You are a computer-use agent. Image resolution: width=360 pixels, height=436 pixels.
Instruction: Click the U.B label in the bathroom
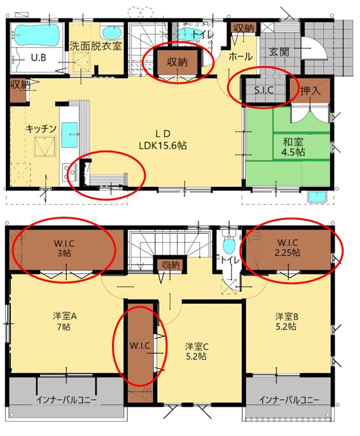(x=38, y=58)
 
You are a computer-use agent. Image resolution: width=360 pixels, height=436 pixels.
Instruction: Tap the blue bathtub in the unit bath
(x=37, y=35)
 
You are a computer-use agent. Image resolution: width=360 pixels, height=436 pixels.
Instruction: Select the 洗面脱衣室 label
(x=95, y=46)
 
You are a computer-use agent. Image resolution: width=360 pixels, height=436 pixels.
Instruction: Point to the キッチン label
(x=41, y=129)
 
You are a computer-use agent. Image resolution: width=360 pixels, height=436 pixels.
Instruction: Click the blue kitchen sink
(x=69, y=135)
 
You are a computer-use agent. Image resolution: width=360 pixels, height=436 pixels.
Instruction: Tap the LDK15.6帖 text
(x=163, y=146)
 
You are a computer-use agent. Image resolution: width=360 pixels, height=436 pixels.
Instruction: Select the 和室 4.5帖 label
(x=293, y=147)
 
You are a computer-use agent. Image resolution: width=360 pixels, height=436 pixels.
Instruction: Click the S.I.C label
(x=264, y=90)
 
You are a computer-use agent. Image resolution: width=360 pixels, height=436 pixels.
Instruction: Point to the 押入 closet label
(x=310, y=90)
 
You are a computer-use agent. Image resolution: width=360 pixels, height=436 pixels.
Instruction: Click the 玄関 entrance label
(x=279, y=51)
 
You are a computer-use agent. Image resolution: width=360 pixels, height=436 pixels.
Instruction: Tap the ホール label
(x=240, y=57)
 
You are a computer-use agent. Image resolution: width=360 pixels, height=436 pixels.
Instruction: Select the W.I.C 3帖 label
(x=64, y=249)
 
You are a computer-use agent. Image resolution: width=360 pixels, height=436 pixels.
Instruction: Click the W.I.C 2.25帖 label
(x=287, y=247)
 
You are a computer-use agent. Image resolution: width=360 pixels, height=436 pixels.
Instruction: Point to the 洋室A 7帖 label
(x=65, y=322)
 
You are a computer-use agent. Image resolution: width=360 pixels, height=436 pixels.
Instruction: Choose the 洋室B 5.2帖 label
(x=287, y=322)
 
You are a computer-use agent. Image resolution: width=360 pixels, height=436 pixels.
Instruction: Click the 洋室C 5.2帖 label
(x=197, y=351)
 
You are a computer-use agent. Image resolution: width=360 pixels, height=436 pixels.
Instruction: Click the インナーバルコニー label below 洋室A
(x=67, y=400)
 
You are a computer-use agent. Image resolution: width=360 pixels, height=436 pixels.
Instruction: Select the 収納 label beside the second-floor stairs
(x=170, y=264)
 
